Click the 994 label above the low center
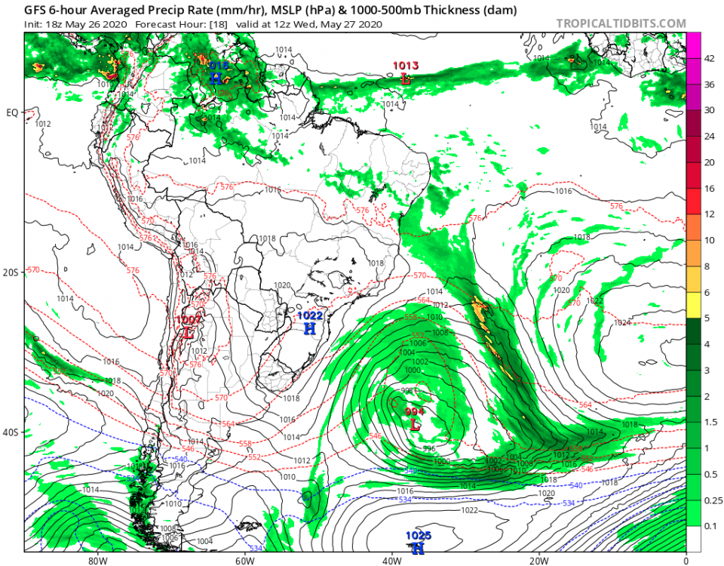414,411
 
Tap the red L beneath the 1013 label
406,78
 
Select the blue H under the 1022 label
309,328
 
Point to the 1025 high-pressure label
418,535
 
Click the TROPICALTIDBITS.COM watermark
621,23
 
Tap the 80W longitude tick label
95,561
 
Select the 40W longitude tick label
391,561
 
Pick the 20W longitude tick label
538,561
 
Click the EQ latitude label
11,113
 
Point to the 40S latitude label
11,433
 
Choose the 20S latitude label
11,272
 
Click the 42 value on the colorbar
709,59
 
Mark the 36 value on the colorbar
709,85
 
